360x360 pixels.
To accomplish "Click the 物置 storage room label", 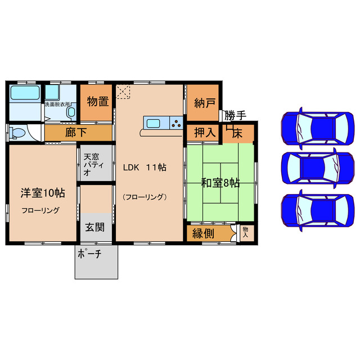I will pyautogui.click(x=97, y=102).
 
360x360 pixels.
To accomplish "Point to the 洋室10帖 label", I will pyautogui.click(x=43, y=193).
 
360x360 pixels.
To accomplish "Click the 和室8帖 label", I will pyautogui.click(x=221, y=182).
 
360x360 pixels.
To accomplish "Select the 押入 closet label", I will pyautogui.click(x=203, y=133).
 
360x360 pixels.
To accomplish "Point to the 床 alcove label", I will pyautogui.click(x=237, y=134).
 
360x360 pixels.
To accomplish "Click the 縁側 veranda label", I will pyautogui.click(x=202, y=232).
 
